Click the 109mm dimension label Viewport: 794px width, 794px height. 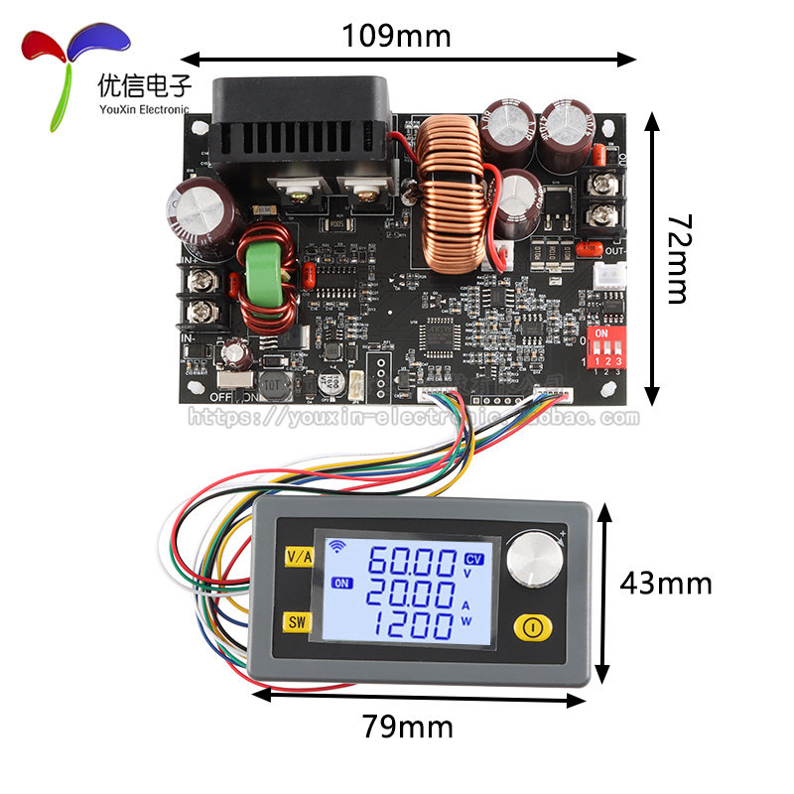pos(396,37)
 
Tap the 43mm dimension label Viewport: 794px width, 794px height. pos(665,584)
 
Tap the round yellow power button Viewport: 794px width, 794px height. pos(532,627)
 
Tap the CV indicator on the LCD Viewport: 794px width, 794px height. pos(474,559)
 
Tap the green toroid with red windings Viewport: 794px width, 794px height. pos(261,280)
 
